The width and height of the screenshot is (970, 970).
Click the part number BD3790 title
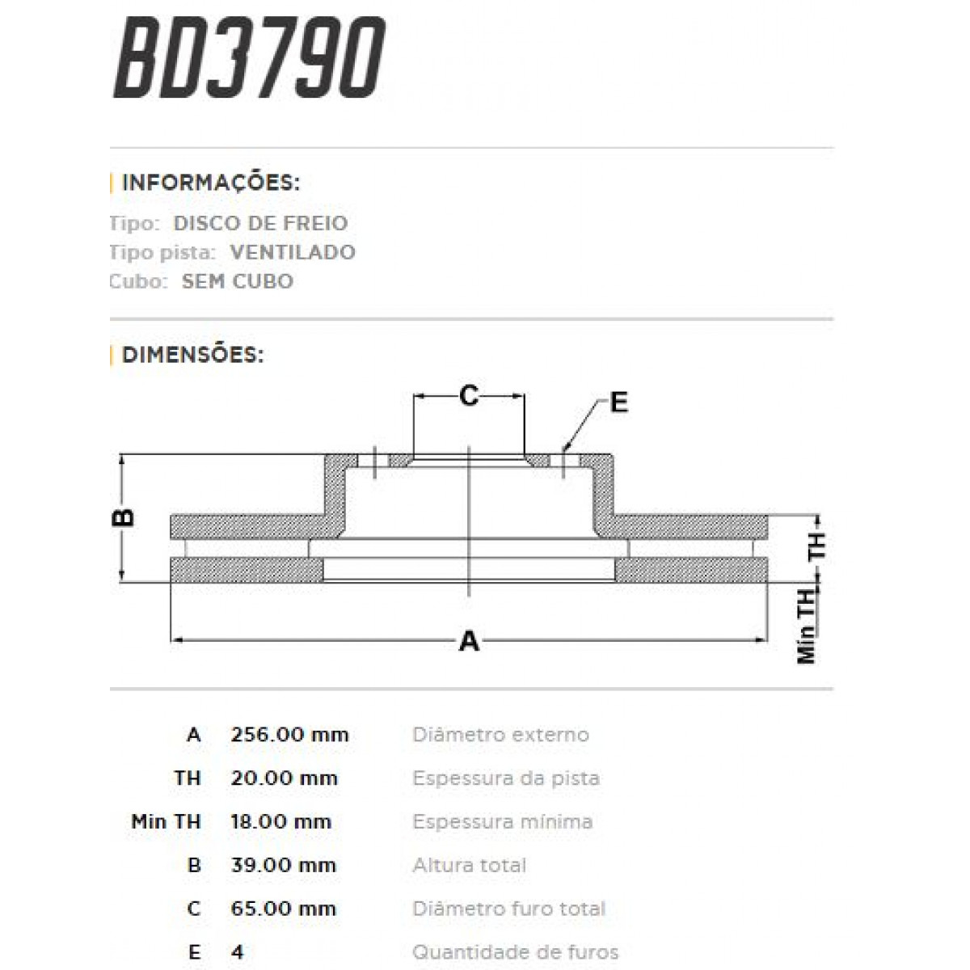coord(249,58)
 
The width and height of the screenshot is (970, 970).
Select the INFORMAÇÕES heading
coord(210,183)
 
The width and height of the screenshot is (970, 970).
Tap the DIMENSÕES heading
coord(192,354)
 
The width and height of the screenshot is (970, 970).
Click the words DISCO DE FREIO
coord(260,223)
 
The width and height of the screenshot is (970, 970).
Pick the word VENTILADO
coord(293,252)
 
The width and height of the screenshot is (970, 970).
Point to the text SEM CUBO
coord(238,281)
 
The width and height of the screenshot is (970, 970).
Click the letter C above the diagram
coord(469,396)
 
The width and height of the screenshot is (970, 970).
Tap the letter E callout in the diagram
coord(618,402)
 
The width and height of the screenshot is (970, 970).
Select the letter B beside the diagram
coord(124,517)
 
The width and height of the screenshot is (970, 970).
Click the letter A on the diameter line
coord(469,642)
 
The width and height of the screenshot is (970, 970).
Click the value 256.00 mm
coord(289,735)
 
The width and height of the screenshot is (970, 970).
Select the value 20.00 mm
coord(284,778)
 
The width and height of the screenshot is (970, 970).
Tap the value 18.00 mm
coord(281,822)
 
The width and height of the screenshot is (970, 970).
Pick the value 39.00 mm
coord(283,865)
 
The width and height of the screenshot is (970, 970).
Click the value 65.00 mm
coord(283,909)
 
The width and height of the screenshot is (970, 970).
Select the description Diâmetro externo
coord(500,735)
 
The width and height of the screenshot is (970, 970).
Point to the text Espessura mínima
coord(502,822)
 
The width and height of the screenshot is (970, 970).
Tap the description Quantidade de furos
coord(515,952)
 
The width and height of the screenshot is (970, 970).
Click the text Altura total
coord(469,865)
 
